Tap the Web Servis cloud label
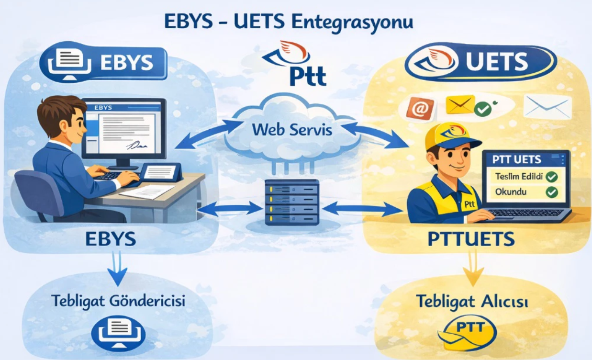click(292, 130)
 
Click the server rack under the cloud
click(292, 202)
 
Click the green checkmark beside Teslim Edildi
click(552, 177)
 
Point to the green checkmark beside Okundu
click(552, 192)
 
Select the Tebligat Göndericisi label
click(118, 301)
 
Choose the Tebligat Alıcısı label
click(472, 301)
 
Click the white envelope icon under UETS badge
click(547, 107)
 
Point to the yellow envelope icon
click(460, 105)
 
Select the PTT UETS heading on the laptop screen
click(517, 159)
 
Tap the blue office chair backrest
click(40, 191)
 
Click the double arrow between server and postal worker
click(363, 209)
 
